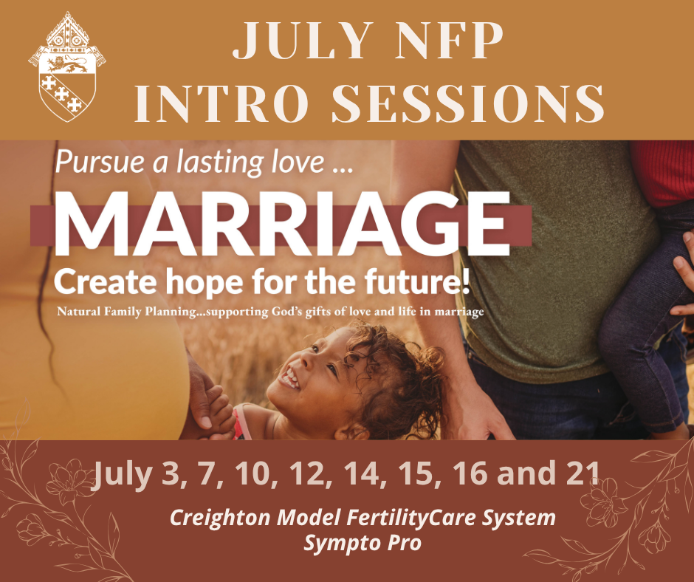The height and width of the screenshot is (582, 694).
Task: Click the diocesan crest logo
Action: click(67, 66)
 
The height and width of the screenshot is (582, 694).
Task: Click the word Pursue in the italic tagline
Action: click(100, 162)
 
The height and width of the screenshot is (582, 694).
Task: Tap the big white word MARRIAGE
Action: click(282, 224)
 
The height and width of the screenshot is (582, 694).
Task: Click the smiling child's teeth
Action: click(290, 378)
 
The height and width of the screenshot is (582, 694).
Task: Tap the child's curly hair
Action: click(399, 377)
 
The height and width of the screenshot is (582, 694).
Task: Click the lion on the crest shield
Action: click(67, 64)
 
